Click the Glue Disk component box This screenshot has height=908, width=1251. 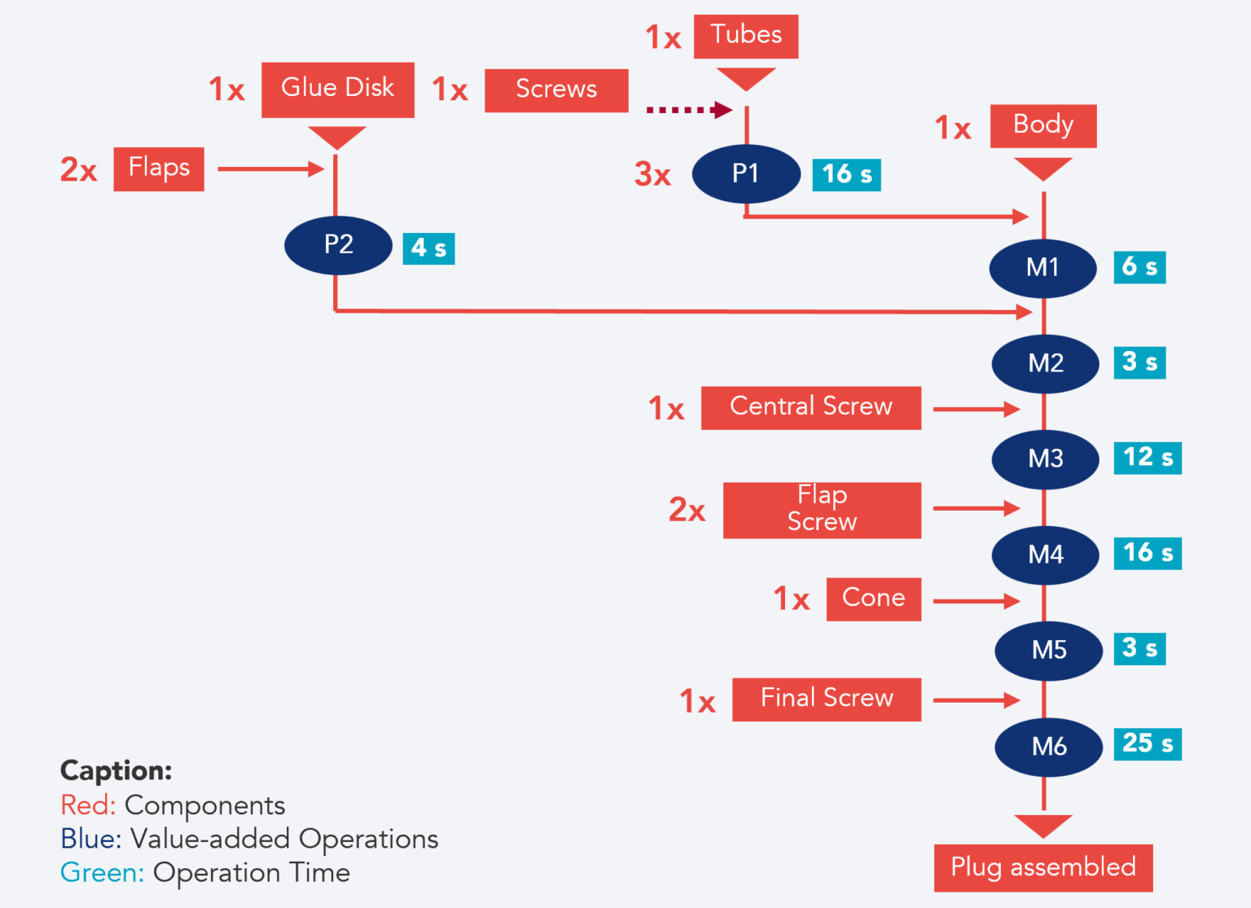pyautogui.click(x=338, y=90)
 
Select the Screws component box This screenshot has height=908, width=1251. pyautogui.click(x=556, y=90)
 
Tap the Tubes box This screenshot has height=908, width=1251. pyautogui.click(x=745, y=37)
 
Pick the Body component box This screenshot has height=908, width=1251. pyautogui.click(x=1043, y=126)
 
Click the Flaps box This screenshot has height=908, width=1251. pyautogui.click(x=159, y=169)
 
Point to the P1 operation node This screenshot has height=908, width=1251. pyautogui.click(x=746, y=173)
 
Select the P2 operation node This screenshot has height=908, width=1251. pyautogui.click(x=339, y=244)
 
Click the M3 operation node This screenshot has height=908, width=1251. pyautogui.click(x=1046, y=458)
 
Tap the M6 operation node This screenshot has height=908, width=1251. pyautogui.click(x=1049, y=746)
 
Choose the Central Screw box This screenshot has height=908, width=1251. pyautogui.click(x=811, y=407)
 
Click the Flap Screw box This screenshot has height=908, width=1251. pyautogui.click(x=823, y=510)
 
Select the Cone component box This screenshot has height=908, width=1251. pyautogui.click(x=874, y=599)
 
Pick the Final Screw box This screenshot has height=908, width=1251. pyautogui.click(x=827, y=699)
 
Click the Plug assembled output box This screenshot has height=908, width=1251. pyautogui.click(x=1043, y=868)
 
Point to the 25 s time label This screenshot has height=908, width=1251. pyautogui.click(x=1148, y=744)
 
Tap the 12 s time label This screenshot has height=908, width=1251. pyautogui.click(x=1148, y=458)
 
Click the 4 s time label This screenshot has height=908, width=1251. pyautogui.click(x=428, y=248)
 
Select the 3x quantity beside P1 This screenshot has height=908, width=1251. pyautogui.click(x=653, y=174)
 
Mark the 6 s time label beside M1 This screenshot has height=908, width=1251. pyautogui.click(x=1139, y=267)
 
